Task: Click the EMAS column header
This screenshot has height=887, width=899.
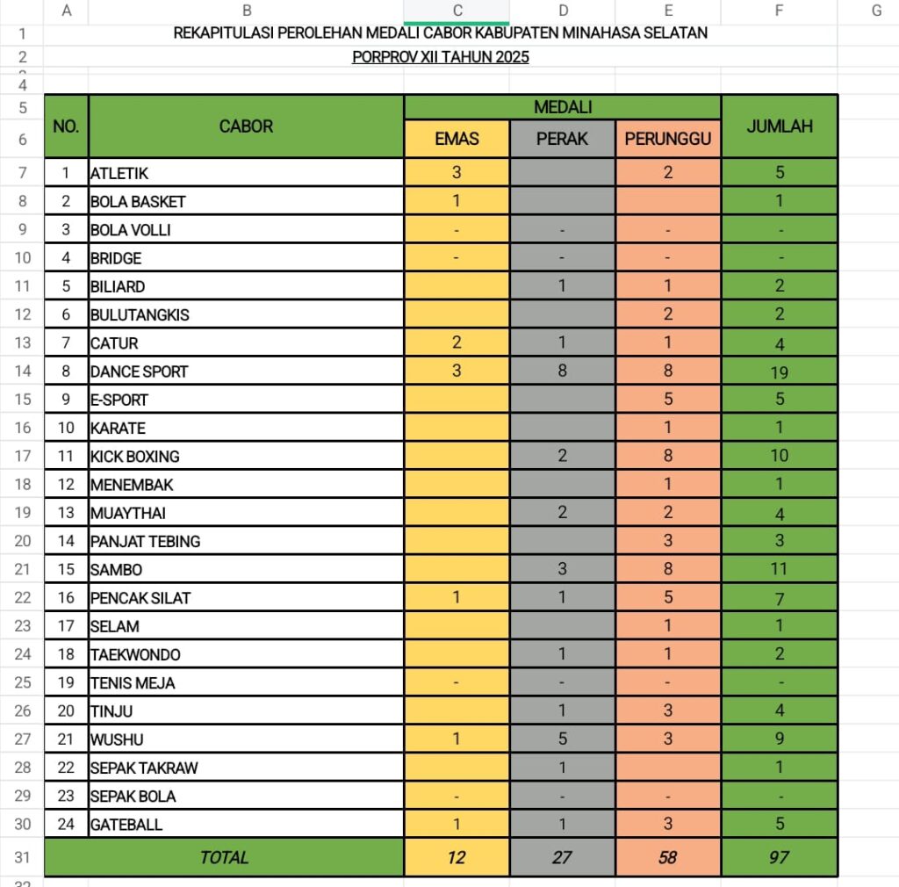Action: (x=457, y=139)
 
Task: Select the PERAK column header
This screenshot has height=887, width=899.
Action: (x=562, y=139)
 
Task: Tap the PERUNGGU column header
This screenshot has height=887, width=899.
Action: (x=668, y=139)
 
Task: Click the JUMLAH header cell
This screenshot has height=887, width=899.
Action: (x=779, y=126)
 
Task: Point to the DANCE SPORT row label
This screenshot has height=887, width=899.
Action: (x=139, y=371)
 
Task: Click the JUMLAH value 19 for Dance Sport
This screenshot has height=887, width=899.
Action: (x=779, y=371)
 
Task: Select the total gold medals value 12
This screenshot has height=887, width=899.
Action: (x=457, y=857)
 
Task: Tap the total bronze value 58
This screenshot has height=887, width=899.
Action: (x=668, y=857)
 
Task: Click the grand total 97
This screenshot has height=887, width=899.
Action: (x=779, y=857)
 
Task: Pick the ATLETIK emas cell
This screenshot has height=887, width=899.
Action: (x=457, y=172)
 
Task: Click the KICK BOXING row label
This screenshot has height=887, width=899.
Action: (x=134, y=457)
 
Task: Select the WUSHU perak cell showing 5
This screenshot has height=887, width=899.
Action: (x=562, y=739)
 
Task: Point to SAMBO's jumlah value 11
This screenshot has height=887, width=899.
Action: (x=779, y=569)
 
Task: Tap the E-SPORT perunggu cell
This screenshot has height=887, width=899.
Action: (x=668, y=400)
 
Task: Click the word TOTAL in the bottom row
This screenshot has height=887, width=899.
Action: (x=224, y=857)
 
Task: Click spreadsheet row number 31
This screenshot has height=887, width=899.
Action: (x=23, y=857)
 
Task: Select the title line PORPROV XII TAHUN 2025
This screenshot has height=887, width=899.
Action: (x=441, y=58)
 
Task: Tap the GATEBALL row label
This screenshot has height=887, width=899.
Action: (x=126, y=825)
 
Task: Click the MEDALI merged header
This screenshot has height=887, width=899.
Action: (x=562, y=107)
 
